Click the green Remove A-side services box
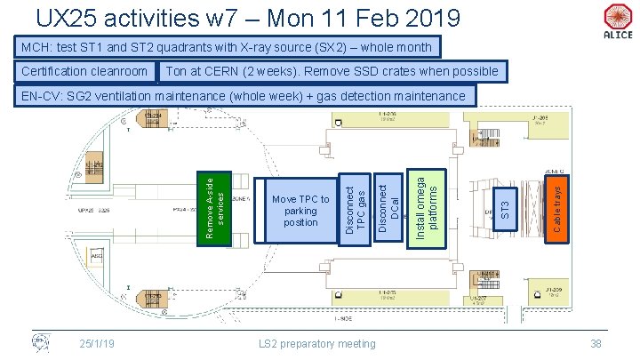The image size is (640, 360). click(214, 207)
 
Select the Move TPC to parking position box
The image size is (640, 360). click(300, 211)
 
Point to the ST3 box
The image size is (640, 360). click(504, 211)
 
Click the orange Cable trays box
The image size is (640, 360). click(553, 209)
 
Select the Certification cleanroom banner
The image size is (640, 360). click(84, 71)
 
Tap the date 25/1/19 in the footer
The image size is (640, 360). click(97, 343)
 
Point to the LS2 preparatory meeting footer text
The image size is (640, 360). click(317, 343)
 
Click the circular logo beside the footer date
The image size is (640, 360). click(41, 342)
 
